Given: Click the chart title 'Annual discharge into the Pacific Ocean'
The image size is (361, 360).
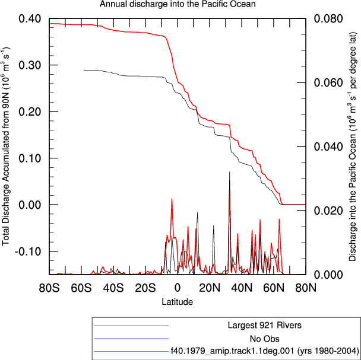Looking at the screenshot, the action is tap(178, 4).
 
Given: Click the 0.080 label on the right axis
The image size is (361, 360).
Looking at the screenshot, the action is tap(328, 18).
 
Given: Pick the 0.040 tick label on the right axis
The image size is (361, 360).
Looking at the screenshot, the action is tap(328, 146).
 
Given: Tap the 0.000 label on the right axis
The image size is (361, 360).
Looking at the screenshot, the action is tap(328, 275).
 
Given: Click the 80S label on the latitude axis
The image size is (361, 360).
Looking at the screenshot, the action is tap(49, 288).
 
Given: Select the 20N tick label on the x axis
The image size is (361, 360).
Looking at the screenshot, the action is tap(210, 288).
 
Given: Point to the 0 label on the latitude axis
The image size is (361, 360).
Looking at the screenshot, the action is tap(178, 288).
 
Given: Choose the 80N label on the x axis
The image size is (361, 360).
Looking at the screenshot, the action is tap(306, 288).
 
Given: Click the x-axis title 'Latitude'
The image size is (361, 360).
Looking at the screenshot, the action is tap(178, 301).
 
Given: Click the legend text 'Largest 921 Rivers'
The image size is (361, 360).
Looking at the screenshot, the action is tap(265, 325).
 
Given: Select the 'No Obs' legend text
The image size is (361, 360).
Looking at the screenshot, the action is tap(265, 339).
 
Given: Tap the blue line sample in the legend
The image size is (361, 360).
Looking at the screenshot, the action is tap(131, 339).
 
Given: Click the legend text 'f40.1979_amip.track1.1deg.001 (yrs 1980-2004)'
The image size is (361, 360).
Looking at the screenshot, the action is tap(265, 351).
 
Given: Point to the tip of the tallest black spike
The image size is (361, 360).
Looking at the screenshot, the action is tap(229, 171).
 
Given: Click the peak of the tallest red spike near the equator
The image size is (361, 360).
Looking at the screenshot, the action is tap(172, 199).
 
